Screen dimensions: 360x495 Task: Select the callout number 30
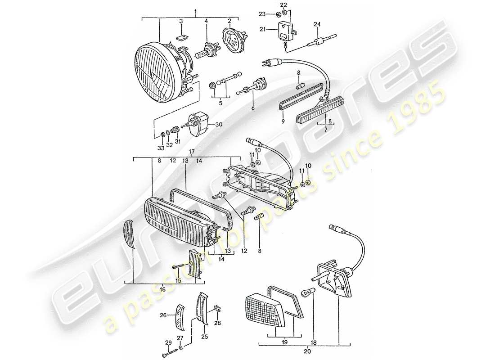click(219, 125)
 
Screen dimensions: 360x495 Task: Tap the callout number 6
click(253, 108)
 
